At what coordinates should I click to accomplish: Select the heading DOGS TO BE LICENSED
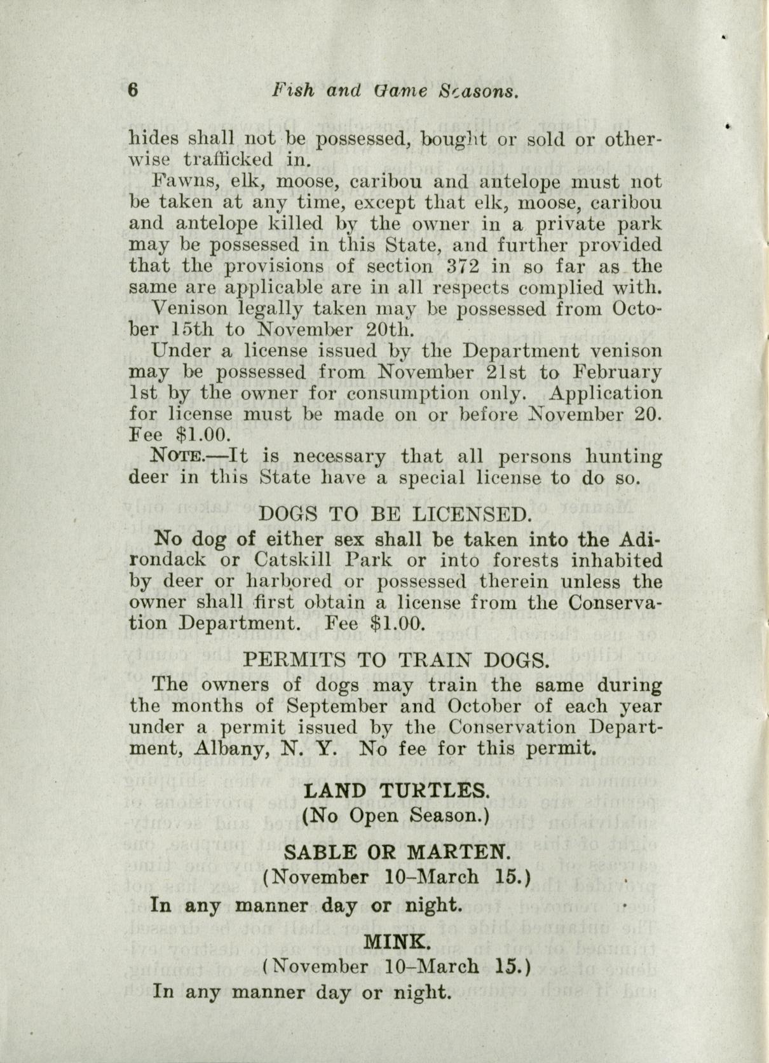(395, 513)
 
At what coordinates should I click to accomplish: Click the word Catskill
(292, 560)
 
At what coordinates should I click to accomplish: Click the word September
(337, 706)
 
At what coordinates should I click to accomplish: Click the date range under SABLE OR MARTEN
(397, 877)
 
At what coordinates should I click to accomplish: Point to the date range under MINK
(397, 966)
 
